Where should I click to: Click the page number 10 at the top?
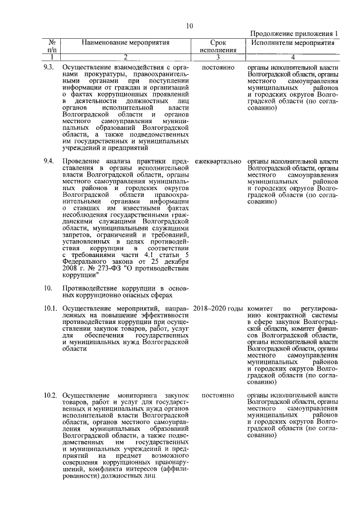click(190, 25)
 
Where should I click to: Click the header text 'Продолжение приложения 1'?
click(294, 34)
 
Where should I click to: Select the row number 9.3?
click(48, 67)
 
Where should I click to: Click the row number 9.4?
click(48, 161)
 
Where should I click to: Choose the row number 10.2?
click(50, 395)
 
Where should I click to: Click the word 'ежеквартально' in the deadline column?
click(217, 161)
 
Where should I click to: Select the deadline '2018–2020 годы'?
click(218, 309)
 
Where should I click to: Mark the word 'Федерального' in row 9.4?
click(85, 261)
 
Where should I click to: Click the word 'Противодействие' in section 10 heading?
click(92, 287)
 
